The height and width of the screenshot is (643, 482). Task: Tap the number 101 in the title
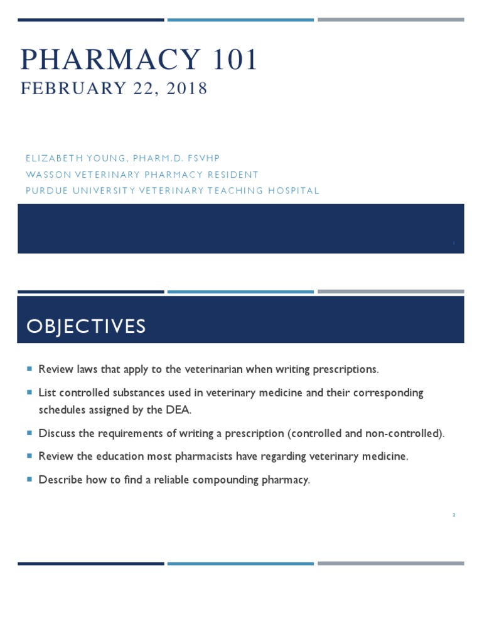[233, 60]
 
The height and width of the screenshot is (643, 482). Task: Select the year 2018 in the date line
[187, 89]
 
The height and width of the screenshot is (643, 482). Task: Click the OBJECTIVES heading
[86, 327]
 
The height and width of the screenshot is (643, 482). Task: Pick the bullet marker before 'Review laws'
[29, 369]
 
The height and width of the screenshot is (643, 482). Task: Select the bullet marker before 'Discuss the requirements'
[29, 433]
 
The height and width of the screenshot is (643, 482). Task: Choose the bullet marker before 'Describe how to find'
[29, 480]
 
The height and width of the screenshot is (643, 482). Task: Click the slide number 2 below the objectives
[453, 515]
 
